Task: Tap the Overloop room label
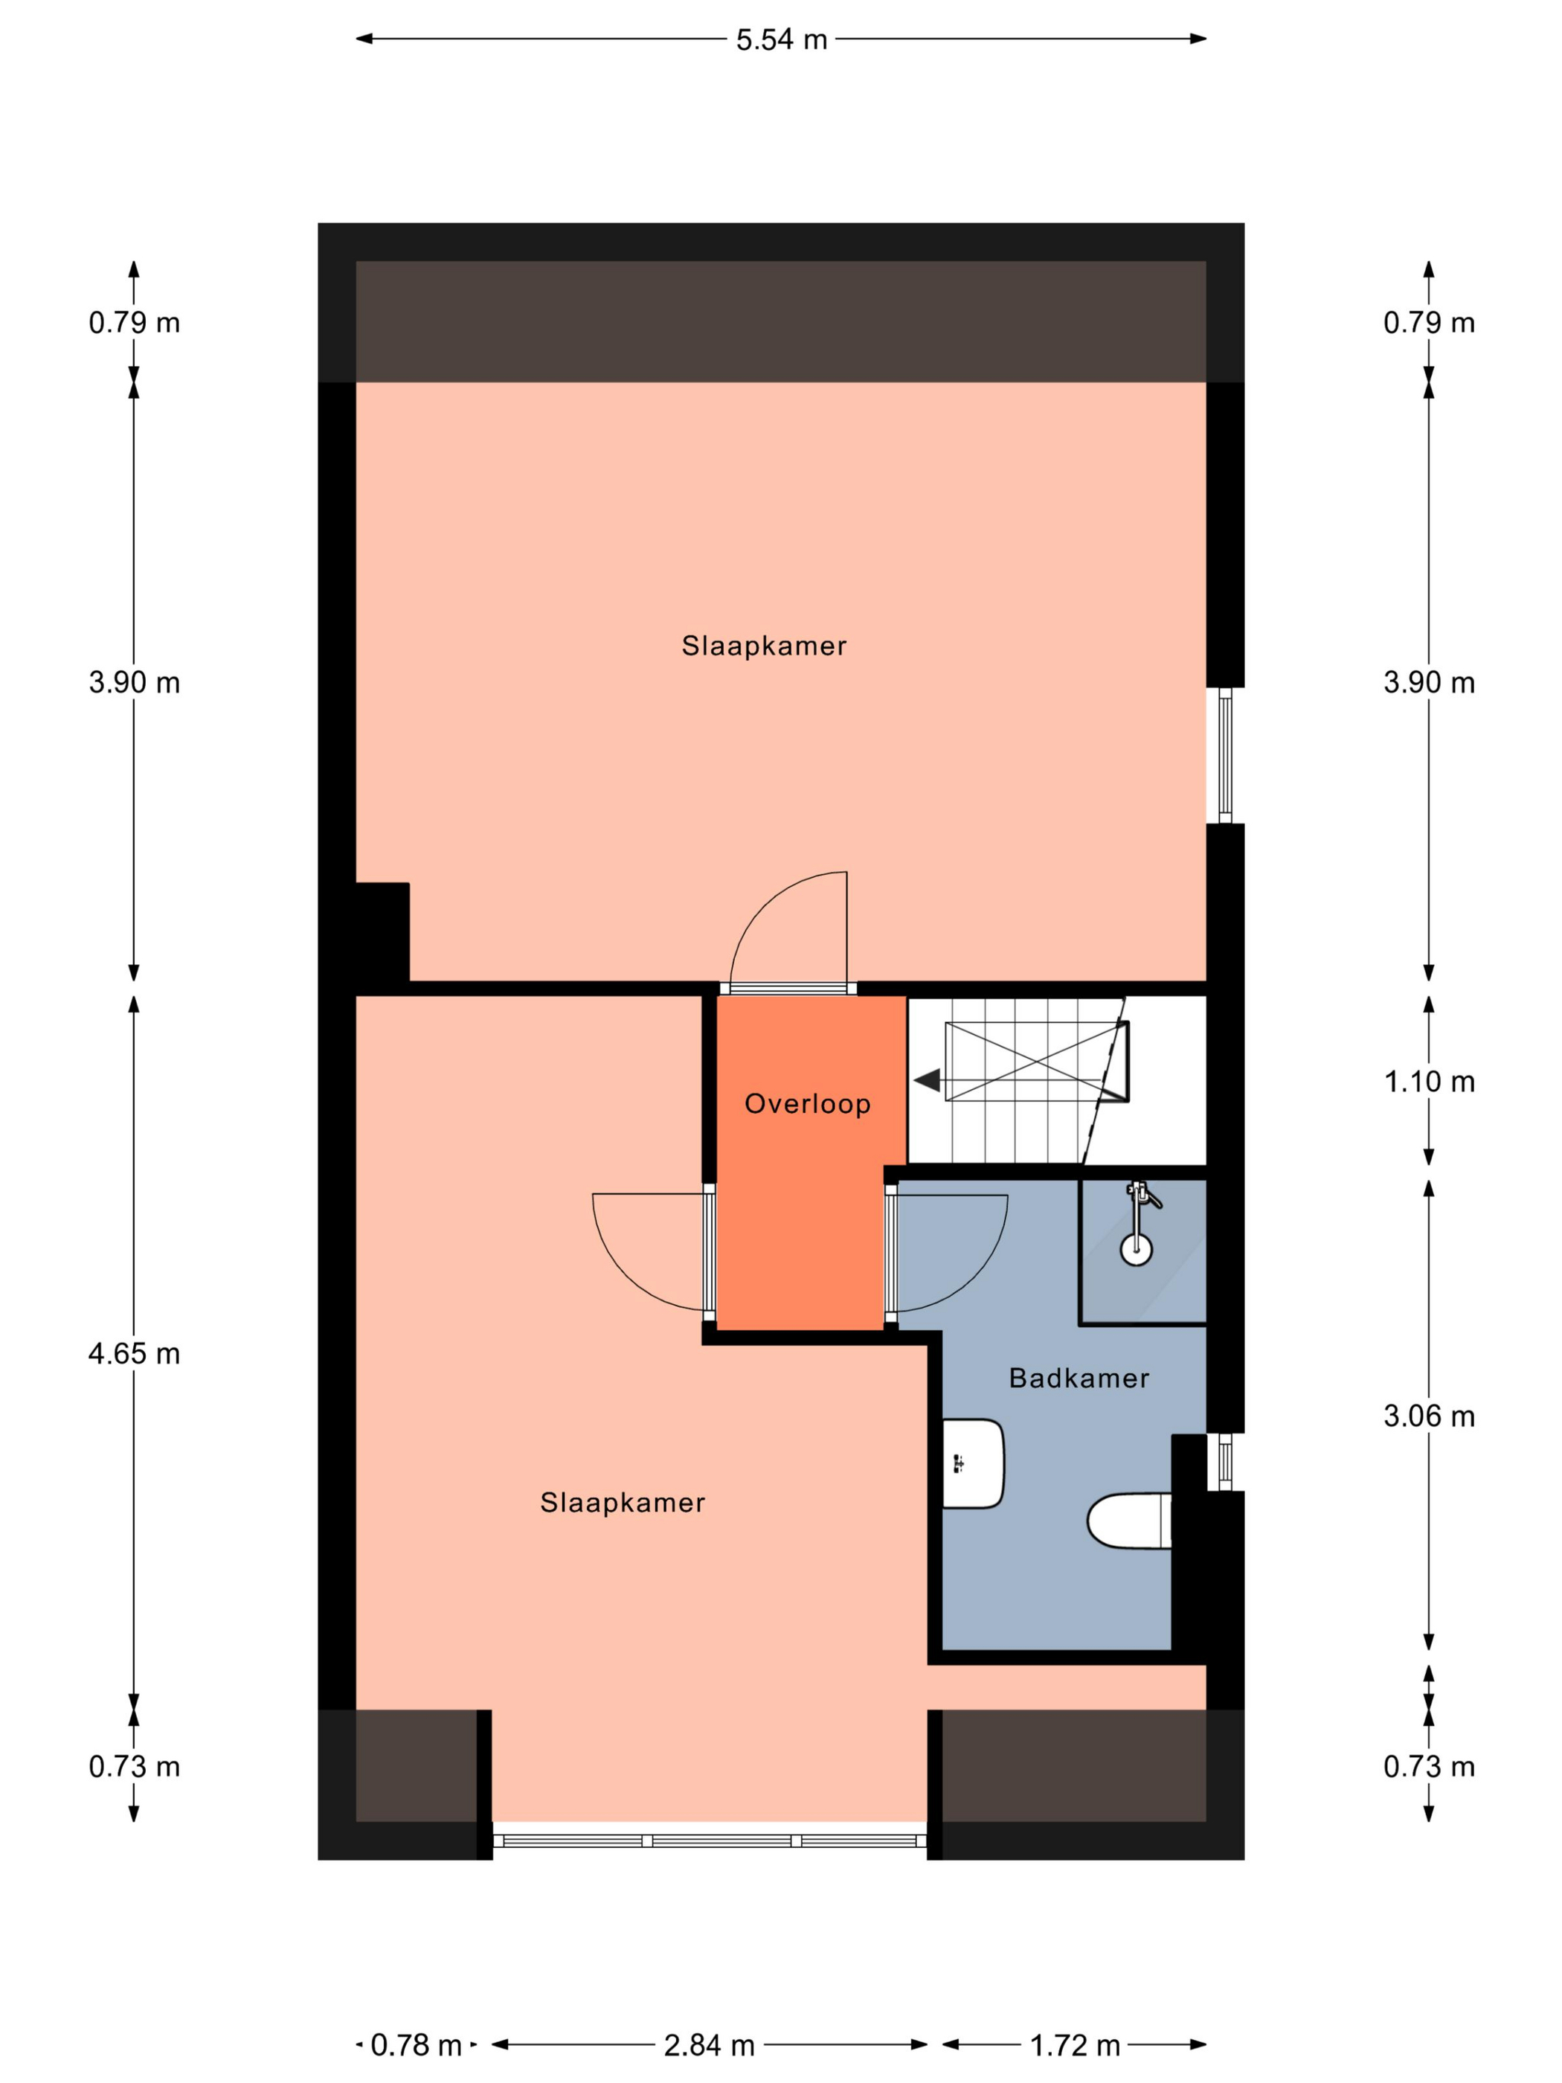click(x=807, y=1104)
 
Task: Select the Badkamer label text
click(x=1079, y=1378)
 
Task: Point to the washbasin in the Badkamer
click(x=973, y=1463)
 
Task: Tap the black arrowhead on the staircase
click(x=928, y=1080)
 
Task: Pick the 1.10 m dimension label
click(x=1428, y=1082)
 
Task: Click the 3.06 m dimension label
click(x=1428, y=1416)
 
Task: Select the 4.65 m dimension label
click(x=134, y=1354)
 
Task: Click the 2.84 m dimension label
click(x=709, y=2045)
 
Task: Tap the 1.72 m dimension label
click(x=1074, y=2045)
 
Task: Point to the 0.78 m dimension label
click(x=415, y=2045)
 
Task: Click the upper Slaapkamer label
click(x=764, y=646)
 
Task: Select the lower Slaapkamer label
click(x=623, y=1503)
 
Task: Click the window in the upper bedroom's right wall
click(x=1225, y=755)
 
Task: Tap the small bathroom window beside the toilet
click(x=1225, y=1463)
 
